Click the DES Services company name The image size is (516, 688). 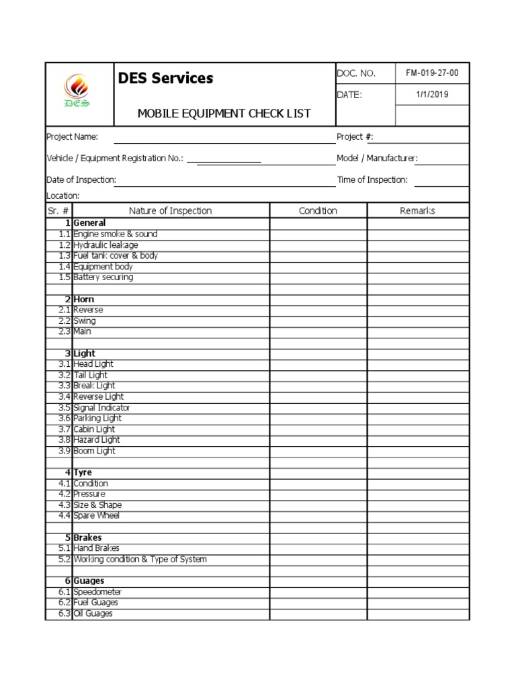coord(165,79)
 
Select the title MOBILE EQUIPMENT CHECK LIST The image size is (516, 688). coord(224,113)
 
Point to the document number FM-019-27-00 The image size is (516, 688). coord(432,73)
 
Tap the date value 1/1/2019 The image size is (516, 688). coord(432,95)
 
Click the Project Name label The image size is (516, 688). coord(72,137)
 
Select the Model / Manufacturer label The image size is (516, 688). coord(377,159)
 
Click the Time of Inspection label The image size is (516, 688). coord(372,180)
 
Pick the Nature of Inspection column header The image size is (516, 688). coord(170,211)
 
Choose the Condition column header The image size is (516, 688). coord(318,211)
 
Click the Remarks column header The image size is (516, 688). coord(417,211)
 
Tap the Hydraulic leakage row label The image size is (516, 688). coord(105,245)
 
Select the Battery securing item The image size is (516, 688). coord(103,277)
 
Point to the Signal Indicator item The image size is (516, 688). coord(101,408)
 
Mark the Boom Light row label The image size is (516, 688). coord(94,451)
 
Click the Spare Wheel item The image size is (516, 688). coord(96,516)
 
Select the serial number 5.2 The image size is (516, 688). coord(64,560)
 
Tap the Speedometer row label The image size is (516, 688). coord(97,592)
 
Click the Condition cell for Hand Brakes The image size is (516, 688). coord(318,548)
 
